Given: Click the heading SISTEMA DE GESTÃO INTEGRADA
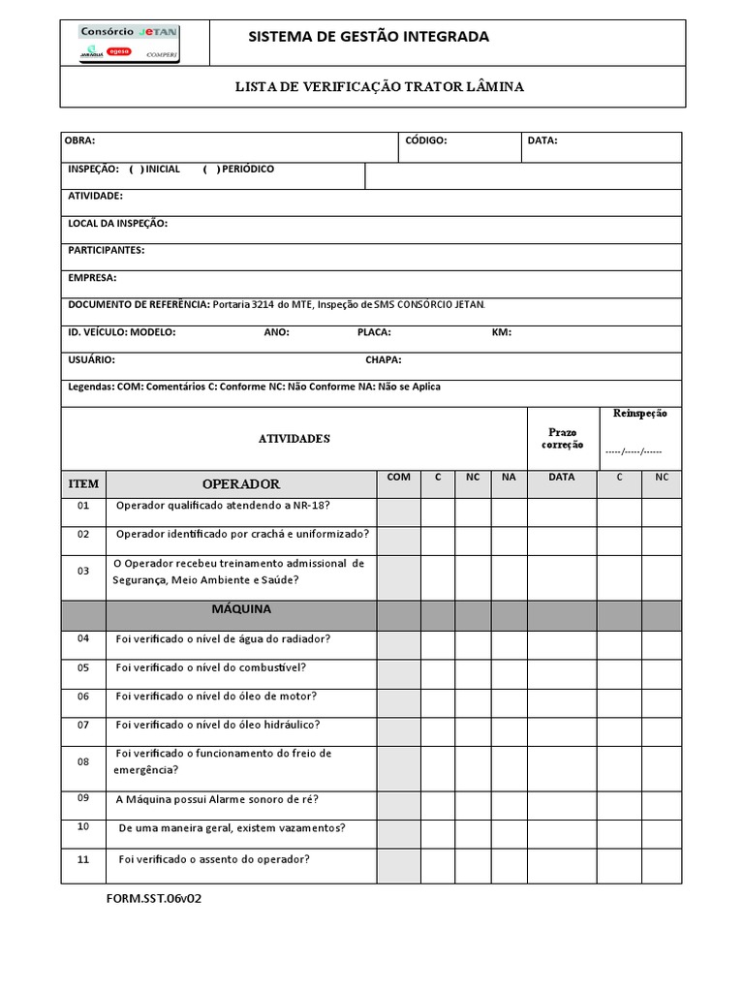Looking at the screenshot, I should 369,37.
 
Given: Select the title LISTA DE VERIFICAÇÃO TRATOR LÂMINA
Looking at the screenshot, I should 380,87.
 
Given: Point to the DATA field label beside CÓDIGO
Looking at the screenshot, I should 542,140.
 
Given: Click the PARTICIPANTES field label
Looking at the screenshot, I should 106,251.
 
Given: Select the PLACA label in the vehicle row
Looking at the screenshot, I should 374,332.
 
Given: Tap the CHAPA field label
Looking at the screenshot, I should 384,359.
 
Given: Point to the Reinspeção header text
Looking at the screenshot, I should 639,414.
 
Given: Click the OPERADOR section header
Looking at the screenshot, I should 240,483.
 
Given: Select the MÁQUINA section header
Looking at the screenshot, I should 241,609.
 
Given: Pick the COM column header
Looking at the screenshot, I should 398,478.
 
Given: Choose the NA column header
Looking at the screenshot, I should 508,478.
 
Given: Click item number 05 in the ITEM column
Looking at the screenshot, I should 83,667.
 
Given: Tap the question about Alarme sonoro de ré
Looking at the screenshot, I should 217,799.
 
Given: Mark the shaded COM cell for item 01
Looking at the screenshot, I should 398,512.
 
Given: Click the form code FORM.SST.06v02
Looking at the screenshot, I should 154,898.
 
